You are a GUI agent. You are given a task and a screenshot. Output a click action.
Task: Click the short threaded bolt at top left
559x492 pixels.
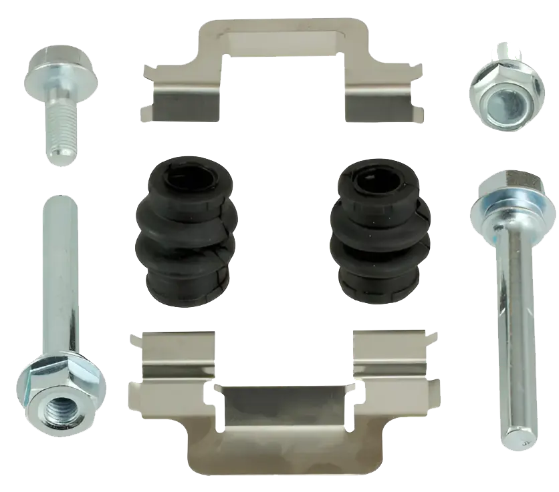point(60,100)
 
